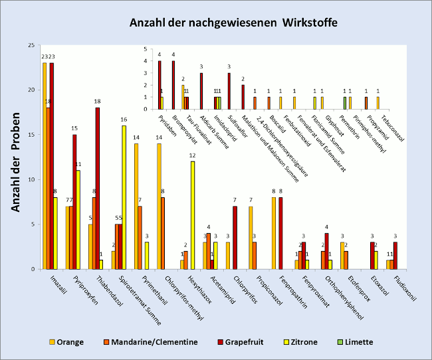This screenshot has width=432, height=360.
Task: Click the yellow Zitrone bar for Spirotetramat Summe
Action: click(124, 197)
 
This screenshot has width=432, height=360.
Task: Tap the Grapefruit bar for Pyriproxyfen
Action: click(74, 202)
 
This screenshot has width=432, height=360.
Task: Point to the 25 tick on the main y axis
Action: click(32, 45)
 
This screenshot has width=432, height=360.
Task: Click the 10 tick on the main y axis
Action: click(32, 179)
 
